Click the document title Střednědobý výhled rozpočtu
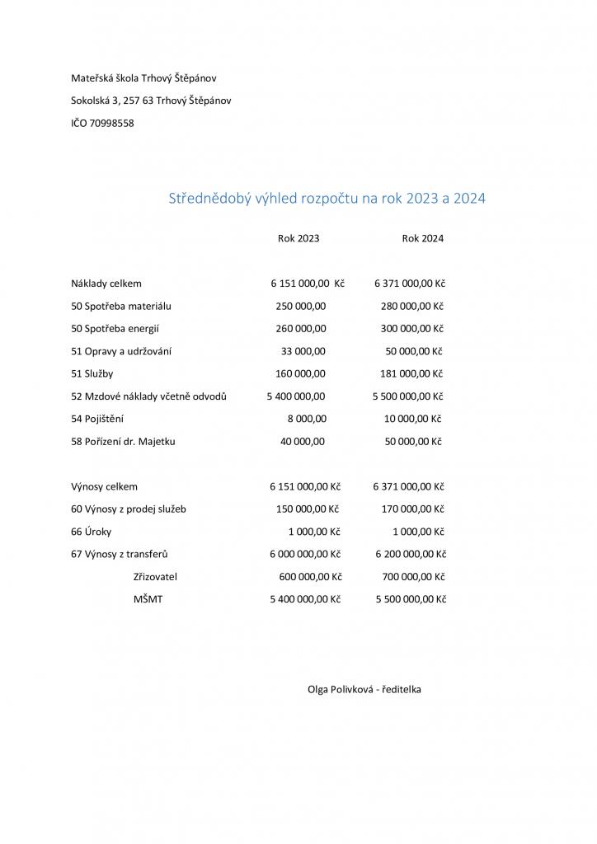(x=327, y=199)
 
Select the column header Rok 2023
(x=298, y=238)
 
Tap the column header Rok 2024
(x=423, y=238)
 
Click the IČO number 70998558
(x=111, y=124)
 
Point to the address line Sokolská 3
(x=151, y=101)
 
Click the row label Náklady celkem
(x=106, y=284)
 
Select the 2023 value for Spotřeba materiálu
(x=301, y=306)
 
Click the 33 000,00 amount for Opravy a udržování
(x=303, y=351)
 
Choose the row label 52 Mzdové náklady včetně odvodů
(x=149, y=396)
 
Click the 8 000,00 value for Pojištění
(x=307, y=419)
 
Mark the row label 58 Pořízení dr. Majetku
(x=123, y=442)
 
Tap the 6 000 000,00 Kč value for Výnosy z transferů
(x=304, y=555)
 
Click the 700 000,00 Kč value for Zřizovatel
(x=414, y=577)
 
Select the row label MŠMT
(x=148, y=599)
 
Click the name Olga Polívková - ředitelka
(x=364, y=689)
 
